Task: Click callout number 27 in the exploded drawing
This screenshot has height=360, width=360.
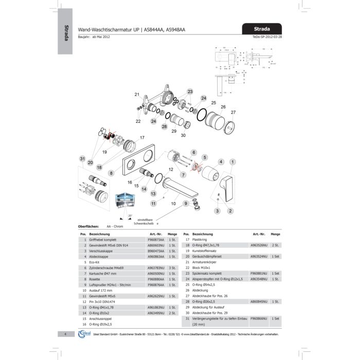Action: [233, 112]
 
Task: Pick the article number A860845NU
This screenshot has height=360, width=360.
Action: [258, 301]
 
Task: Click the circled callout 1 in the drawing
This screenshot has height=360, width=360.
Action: [232, 161]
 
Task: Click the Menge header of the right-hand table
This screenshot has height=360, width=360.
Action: [276, 233]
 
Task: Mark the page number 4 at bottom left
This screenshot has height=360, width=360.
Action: [66, 335]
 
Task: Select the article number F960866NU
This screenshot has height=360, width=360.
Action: [258, 319]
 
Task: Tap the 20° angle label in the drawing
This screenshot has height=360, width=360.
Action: [130, 215]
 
